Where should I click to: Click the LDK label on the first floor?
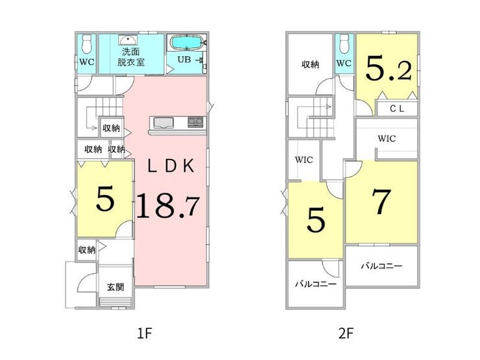(171, 166)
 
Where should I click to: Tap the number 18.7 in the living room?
(168, 206)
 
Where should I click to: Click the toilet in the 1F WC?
(87, 43)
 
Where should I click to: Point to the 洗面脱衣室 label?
(131, 57)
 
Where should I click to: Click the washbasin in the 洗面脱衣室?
(128, 40)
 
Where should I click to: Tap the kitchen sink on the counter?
(163, 123)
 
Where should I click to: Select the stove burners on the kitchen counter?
(195, 122)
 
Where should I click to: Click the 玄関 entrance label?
(115, 287)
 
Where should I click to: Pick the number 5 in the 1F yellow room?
(105, 198)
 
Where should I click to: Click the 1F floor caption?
(145, 333)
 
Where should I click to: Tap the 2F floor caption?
(346, 333)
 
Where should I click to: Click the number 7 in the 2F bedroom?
(382, 202)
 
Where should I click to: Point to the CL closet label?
(397, 109)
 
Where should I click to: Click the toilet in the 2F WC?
(344, 43)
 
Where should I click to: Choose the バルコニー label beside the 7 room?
(381, 266)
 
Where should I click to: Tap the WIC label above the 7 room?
(387, 139)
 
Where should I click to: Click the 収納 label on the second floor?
(311, 64)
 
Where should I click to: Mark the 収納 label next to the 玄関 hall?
(87, 250)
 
